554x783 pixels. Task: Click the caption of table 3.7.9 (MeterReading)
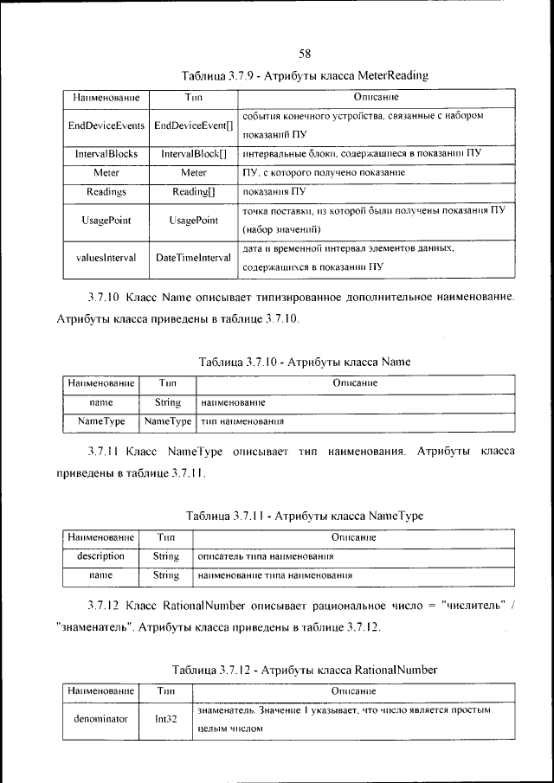(305, 76)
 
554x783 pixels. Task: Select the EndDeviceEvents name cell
(106, 125)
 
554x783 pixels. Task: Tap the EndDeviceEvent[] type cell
(193, 125)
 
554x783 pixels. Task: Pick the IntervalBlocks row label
(106, 154)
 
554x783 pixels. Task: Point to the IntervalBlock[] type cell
(193, 154)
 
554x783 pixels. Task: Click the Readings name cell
(106, 192)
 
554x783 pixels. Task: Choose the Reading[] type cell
(193, 192)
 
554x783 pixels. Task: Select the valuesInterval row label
(106, 257)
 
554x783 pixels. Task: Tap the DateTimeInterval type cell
(193, 257)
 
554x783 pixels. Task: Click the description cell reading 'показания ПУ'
(274, 192)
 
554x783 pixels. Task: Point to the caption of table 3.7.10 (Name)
(305, 362)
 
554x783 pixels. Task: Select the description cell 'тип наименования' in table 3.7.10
(243, 421)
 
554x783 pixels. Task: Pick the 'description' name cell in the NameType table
(100, 555)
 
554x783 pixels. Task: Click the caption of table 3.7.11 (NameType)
(305, 516)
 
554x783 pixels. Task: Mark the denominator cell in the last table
(100, 719)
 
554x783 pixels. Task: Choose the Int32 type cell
(165, 719)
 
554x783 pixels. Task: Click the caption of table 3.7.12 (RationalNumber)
(305, 670)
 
